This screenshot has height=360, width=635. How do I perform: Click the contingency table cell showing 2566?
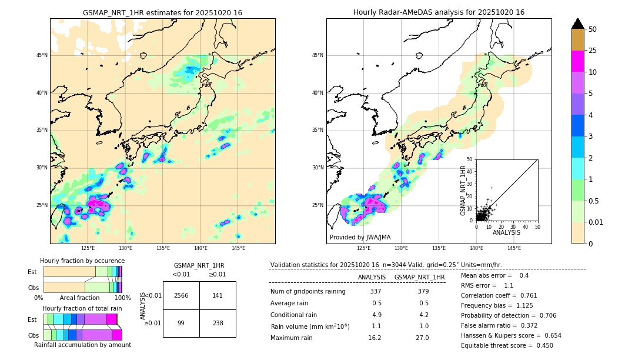coord(181,295)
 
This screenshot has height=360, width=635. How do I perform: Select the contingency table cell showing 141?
coord(218,295)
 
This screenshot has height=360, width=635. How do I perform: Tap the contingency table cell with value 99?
coord(181,323)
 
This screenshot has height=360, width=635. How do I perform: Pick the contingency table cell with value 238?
coord(218,323)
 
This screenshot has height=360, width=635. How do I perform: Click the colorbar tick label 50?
coord(593,29)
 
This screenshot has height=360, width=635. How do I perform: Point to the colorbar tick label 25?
coord(593,51)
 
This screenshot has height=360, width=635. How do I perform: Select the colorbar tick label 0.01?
coord(596,222)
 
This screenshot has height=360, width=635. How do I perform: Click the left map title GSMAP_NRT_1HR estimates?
coord(162,12)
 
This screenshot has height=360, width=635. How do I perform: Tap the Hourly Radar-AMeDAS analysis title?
coord(439,12)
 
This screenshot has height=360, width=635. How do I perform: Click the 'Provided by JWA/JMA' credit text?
coord(360,237)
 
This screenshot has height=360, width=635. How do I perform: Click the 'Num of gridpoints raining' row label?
coord(308,291)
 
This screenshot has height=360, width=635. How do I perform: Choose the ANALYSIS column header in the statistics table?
coord(372,277)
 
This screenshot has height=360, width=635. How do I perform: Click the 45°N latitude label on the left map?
coord(42,55)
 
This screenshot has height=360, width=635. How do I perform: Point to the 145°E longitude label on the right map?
coord(514,248)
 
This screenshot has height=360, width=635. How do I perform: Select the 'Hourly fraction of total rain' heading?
coord(82,308)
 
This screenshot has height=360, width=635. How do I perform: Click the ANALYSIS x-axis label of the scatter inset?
coord(506,232)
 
